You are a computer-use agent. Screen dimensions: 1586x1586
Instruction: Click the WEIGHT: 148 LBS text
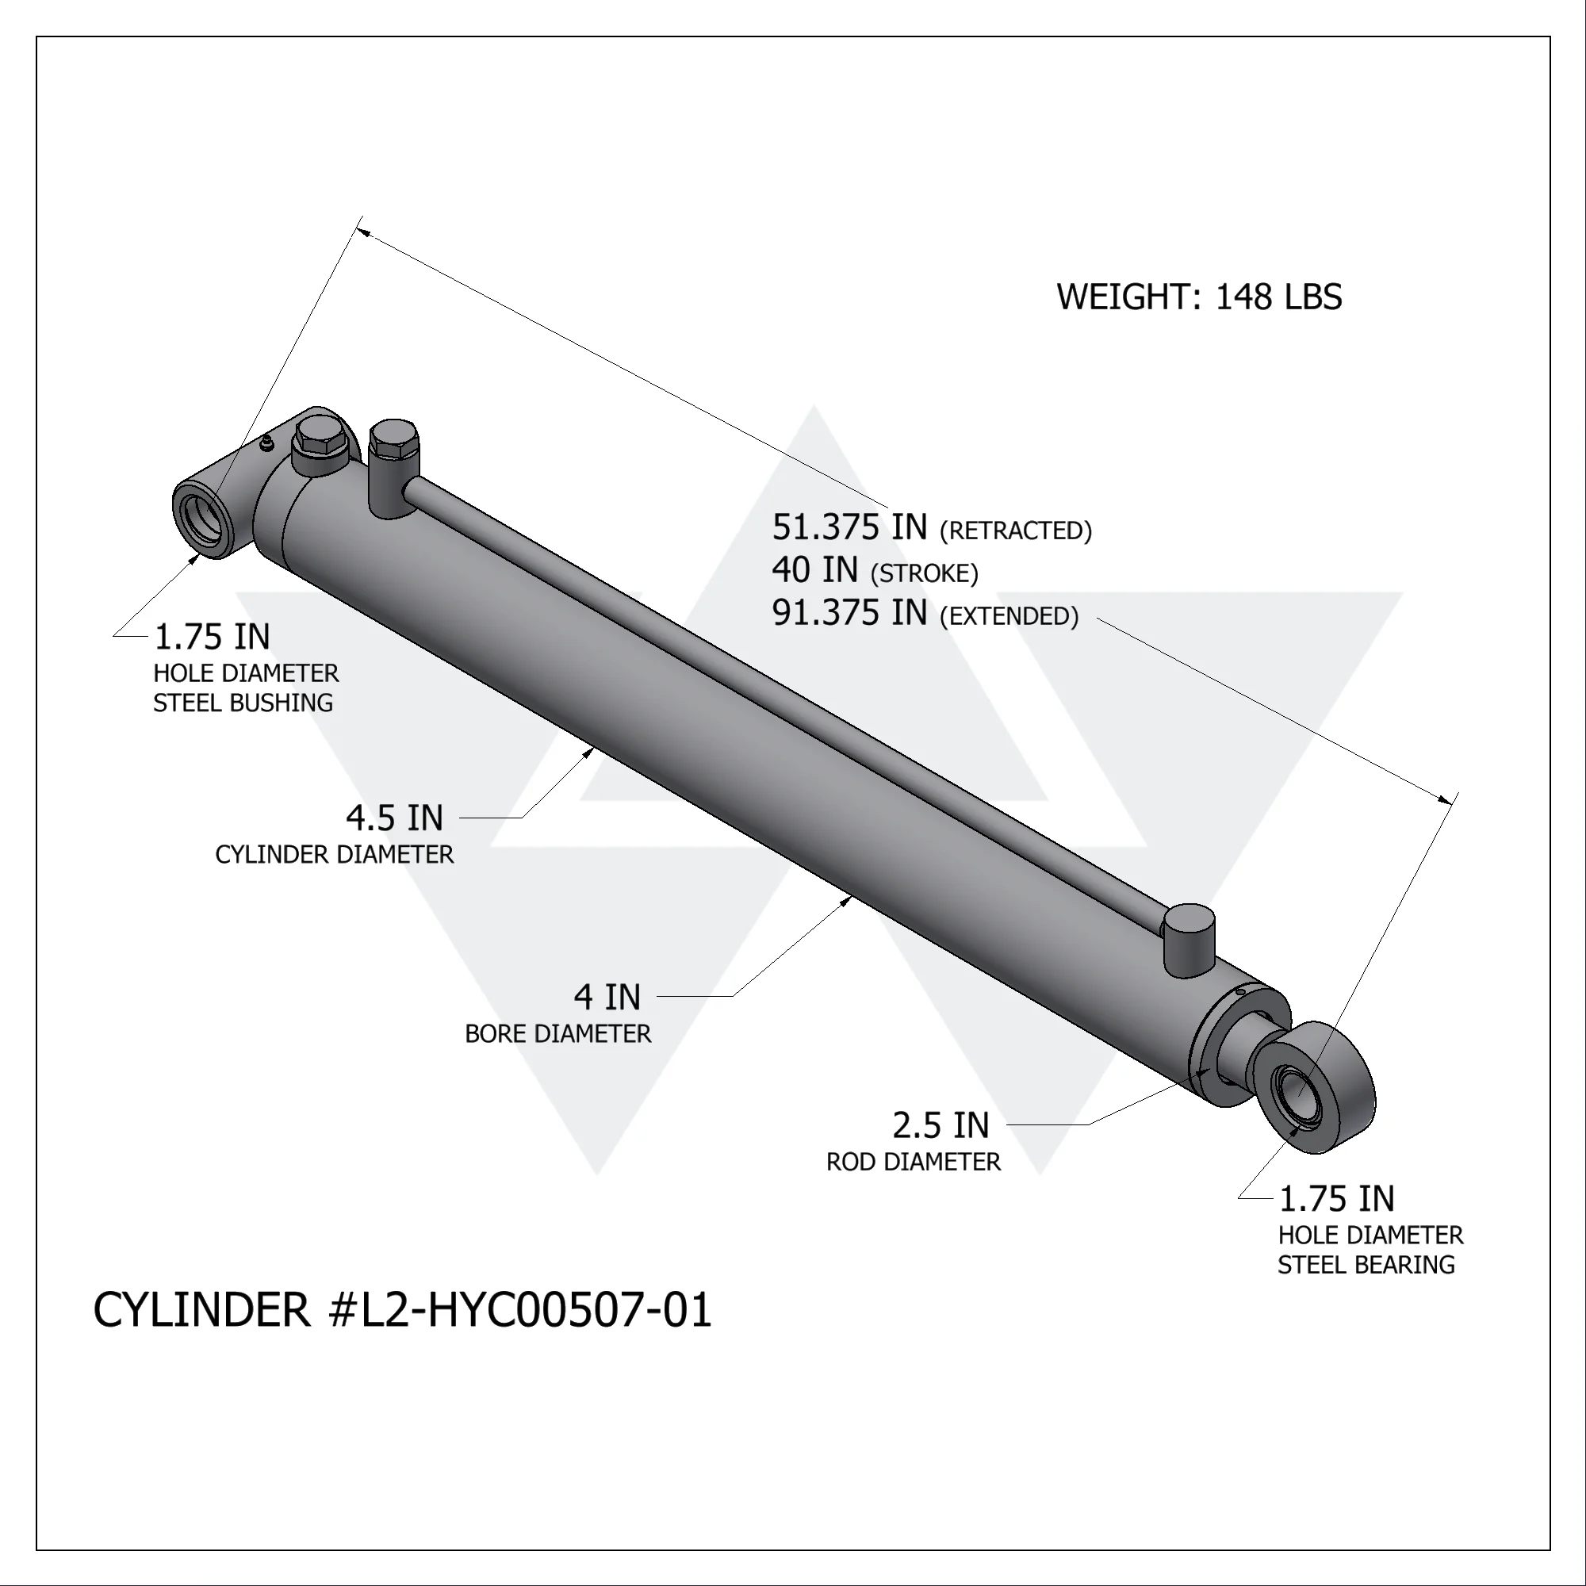[x=1198, y=297]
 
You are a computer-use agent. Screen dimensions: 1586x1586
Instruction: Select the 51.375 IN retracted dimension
[x=849, y=528]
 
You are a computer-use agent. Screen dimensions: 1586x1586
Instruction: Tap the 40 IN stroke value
[x=814, y=569]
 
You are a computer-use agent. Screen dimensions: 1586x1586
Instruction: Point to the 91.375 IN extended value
[x=849, y=613]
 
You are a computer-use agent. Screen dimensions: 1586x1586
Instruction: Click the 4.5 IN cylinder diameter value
[x=394, y=818]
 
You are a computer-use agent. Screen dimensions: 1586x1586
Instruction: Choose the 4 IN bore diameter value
[x=607, y=998]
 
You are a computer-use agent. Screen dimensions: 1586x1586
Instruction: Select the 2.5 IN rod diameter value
[x=940, y=1125]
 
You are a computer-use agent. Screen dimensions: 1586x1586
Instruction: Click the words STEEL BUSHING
[x=243, y=703]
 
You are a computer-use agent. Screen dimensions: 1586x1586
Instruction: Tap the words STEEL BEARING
[x=1366, y=1265]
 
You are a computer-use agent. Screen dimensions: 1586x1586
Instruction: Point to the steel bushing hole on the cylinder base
[x=200, y=518]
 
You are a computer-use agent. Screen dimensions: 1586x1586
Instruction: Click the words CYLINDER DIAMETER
[x=334, y=855]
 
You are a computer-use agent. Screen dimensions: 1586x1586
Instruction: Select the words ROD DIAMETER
[x=913, y=1163]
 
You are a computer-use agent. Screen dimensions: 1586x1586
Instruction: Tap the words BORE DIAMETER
[x=557, y=1034]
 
